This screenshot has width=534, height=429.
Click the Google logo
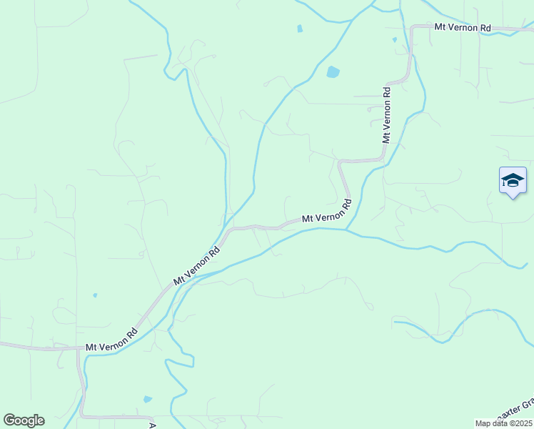[24, 420]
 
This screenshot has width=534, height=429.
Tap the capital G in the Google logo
[9, 420]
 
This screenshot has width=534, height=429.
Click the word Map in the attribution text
[483, 423]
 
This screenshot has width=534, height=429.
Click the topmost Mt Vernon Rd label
[463, 28]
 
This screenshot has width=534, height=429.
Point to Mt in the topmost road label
[440, 28]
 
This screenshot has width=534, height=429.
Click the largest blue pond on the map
[333, 72]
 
